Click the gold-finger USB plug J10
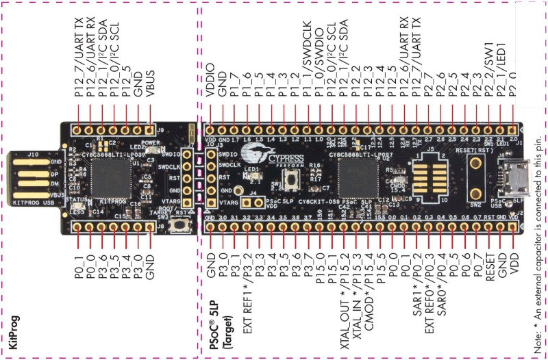coord(30,177)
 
